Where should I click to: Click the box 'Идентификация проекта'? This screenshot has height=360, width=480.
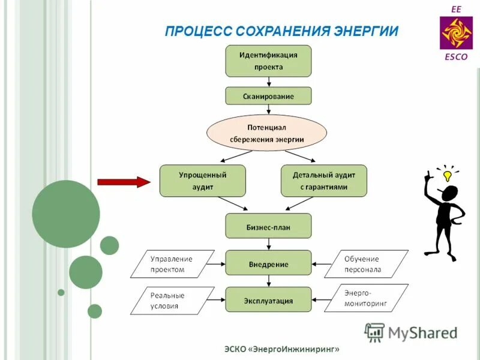pyautogui.click(x=268, y=61)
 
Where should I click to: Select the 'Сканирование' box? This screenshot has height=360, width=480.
pyautogui.click(x=268, y=96)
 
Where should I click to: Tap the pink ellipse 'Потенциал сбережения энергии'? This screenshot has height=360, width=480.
pyautogui.click(x=267, y=133)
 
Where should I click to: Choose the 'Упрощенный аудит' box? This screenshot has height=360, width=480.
pyautogui.click(x=202, y=181)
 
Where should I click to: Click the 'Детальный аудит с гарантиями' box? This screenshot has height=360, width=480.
pyautogui.click(x=323, y=181)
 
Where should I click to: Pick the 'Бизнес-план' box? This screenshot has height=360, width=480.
pyautogui.click(x=268, y=227)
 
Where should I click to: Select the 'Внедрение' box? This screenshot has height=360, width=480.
pyautogui.click(x=268, y=264)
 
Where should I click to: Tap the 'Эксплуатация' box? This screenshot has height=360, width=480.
pyautogui.click(x=268, y=300)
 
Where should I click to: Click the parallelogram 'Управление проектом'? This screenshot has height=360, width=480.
pyautogui.click(x=173, y=264)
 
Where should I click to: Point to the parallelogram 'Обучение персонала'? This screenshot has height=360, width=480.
pyautogui.click(x=366, y=264)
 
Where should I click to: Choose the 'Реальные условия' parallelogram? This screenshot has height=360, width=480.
pyautogui.click(x=173, y=300)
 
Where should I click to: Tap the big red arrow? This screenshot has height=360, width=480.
pyautogui.click(x=123, y=181)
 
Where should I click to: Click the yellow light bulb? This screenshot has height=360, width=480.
pyautogui.click(x=446, y=176)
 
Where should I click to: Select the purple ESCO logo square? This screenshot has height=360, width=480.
pyautogui.click(x=456, y=33)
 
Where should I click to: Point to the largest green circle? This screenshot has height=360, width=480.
pyautogui.click(x=66, y=214)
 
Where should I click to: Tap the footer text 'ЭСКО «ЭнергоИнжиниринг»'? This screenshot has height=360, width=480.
pyautogui.click(x=282, y=349)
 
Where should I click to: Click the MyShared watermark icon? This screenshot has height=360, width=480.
pyautogui.click(x=375, y=332)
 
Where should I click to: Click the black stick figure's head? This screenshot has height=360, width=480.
pyautogui.click(x=449, y=193)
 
